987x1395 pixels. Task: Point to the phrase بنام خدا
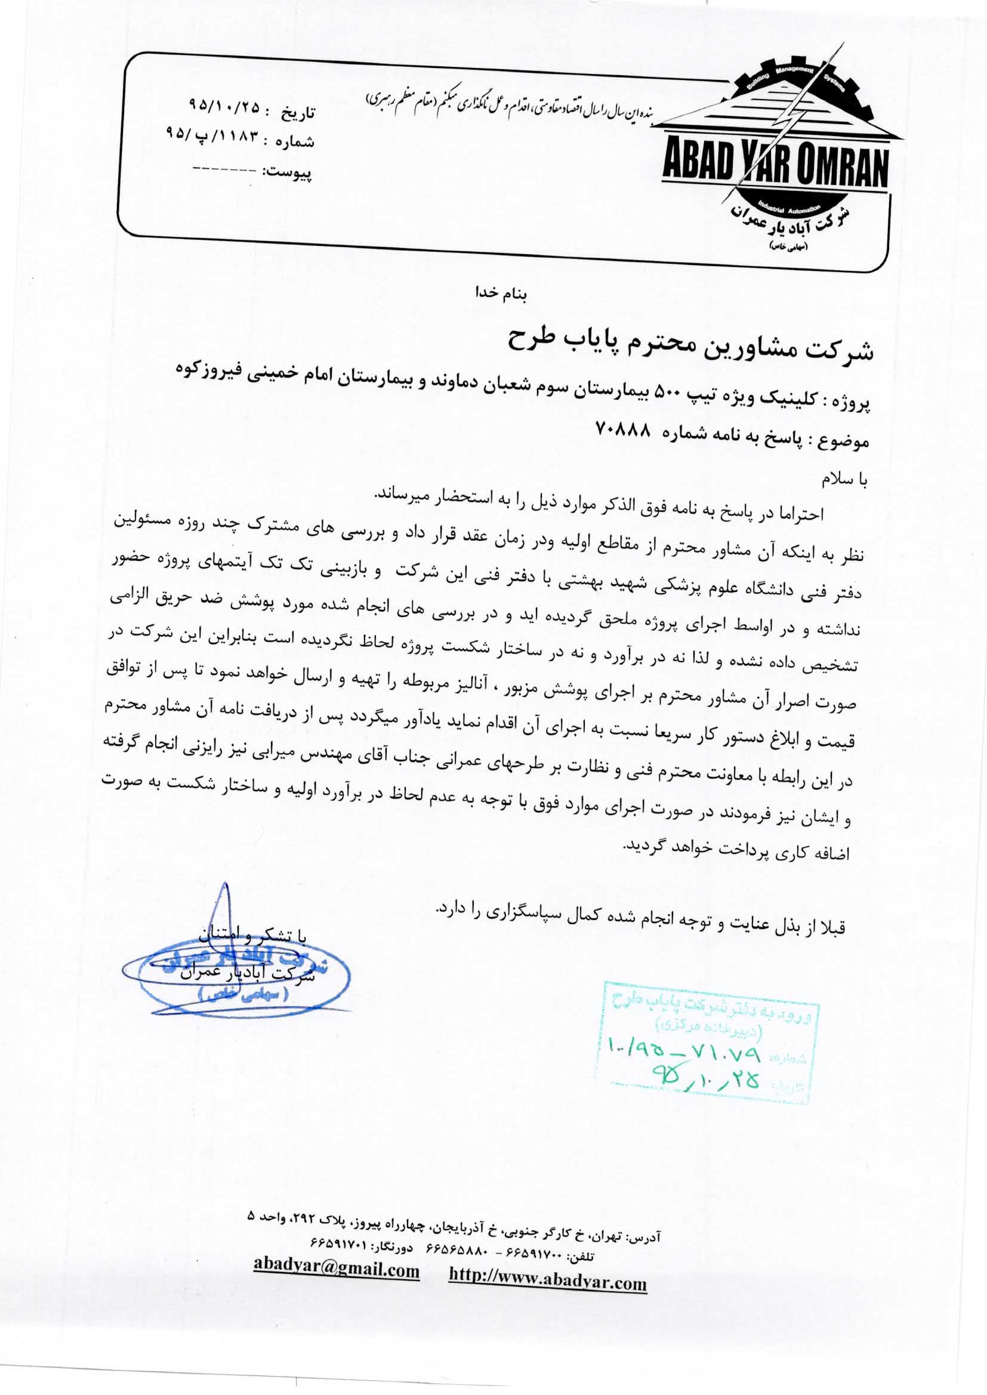pos(502,293)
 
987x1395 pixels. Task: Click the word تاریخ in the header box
pos(297,113)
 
